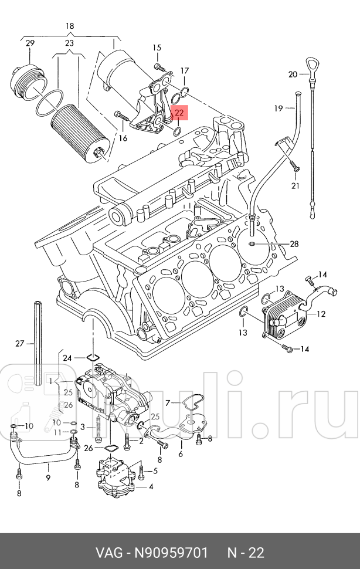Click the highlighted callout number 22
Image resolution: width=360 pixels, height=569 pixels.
click(179, 113)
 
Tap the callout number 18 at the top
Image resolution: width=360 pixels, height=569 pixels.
click(70, 26)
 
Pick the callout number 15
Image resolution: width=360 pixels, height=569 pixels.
click(157, 48)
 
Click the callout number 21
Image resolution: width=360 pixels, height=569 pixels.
click(295, 186)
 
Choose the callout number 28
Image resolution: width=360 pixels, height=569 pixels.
click(294, 244)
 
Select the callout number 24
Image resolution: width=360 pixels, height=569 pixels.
click(67, 357)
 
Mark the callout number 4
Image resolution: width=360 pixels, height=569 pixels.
click(151, 486)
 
